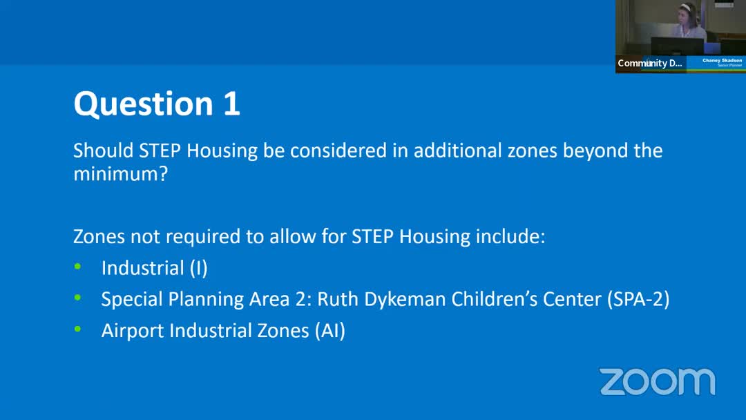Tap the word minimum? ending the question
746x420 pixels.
120,173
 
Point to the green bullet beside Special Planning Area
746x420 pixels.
78,298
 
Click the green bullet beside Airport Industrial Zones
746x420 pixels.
78,329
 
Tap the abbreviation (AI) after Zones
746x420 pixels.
329,330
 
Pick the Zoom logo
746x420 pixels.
657,382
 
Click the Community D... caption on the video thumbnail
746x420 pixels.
650,63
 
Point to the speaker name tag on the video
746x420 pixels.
722,61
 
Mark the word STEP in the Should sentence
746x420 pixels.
161,150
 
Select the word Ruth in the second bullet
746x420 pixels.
336,299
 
